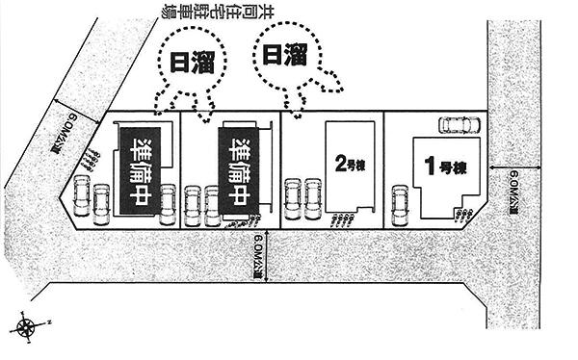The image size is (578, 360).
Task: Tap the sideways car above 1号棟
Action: point(458,123)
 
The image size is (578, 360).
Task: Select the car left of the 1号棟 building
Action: point(400,202)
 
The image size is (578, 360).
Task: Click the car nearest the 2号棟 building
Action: point(312,197)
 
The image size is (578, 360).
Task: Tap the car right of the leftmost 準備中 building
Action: point(168,202)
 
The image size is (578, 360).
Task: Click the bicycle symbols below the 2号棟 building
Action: point(341,220)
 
